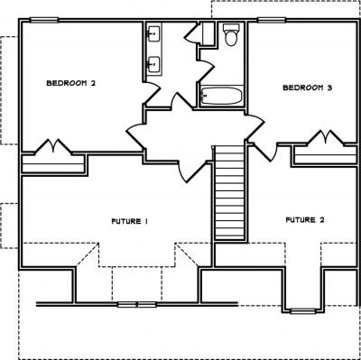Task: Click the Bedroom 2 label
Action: [71, 83]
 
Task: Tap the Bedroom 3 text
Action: [308, 88]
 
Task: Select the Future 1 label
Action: [130, 221]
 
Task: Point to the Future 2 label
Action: [305, 220]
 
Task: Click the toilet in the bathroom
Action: [231, 34]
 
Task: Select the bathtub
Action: [221, 96]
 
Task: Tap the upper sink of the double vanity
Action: [153, 33]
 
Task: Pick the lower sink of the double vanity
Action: [153, 64]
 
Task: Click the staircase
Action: [230, 192]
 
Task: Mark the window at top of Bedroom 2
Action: [44, 20]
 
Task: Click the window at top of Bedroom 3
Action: [272, 20]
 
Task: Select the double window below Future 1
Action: [137, 304]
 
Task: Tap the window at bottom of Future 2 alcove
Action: [303, 311]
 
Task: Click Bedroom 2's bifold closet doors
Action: [53, 147]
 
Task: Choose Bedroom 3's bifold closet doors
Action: [326, 138]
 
